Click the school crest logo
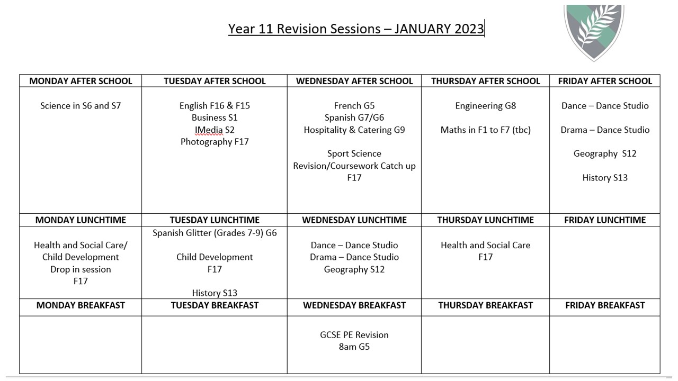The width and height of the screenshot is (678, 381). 594,32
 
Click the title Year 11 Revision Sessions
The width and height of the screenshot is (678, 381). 304,29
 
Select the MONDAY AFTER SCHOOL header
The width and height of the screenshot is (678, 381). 81,81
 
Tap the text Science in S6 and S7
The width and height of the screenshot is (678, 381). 81,106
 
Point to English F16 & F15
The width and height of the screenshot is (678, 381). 215,106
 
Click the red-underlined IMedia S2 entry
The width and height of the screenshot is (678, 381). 215,130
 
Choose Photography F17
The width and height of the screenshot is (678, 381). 215,142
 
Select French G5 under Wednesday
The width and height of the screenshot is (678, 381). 354,106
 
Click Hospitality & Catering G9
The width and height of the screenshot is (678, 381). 354,130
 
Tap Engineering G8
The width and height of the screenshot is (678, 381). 486,106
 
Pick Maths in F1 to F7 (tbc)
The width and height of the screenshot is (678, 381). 486,130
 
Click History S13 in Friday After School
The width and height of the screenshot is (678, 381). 605,178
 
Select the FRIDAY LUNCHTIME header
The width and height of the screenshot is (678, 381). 605,220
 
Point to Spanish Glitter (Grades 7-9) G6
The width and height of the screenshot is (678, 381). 215,233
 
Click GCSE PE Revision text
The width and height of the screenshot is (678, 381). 354,335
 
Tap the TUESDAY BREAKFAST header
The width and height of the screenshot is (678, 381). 215,305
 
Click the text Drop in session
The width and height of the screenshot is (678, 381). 81,269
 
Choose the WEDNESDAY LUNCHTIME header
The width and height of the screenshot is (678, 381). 354,220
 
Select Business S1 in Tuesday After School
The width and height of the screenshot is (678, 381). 215,117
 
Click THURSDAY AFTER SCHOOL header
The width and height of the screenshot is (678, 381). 486,81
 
